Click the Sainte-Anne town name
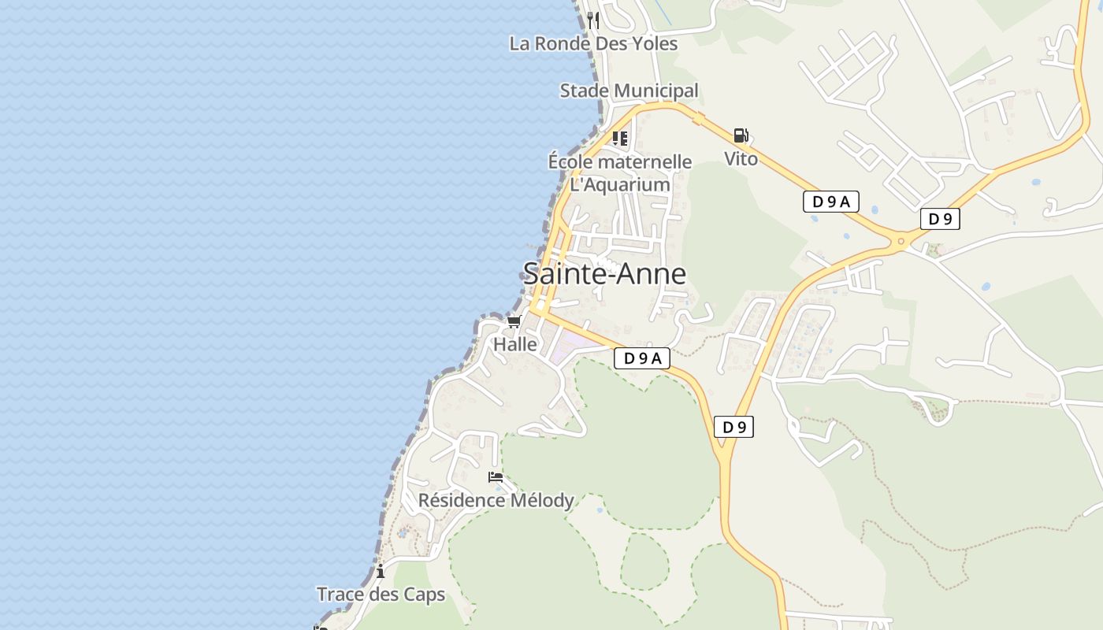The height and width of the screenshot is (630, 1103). (604, 274)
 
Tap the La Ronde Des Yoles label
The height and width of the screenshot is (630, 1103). (593, 43)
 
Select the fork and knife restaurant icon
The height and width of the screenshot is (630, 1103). (593, 20)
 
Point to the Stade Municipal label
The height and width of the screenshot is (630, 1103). (629, 91)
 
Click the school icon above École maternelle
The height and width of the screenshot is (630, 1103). (620, 139)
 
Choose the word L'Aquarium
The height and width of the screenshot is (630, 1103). (620, 185)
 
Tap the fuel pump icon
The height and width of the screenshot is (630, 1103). (741, 135)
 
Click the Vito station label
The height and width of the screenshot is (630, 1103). (741, 159)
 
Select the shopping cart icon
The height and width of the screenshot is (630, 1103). (514, 321)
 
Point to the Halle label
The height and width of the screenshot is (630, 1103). (515, 344)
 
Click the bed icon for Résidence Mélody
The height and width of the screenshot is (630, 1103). (496, 476)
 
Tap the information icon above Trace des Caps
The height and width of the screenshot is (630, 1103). (381, 571)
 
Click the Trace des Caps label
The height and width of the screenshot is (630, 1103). (381, 595)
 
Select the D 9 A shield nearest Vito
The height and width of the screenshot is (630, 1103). (831, 202)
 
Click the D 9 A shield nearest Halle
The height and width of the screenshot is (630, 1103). (642, 358)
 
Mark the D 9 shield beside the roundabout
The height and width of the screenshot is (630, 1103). (940, 219)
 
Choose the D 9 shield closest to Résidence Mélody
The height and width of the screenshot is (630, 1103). (733, 427)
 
